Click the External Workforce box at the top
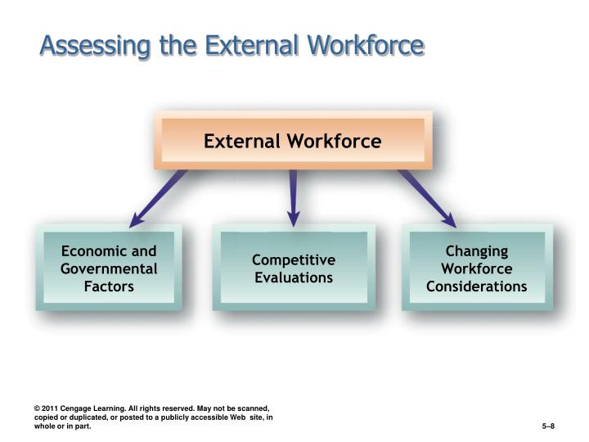click(293, 141)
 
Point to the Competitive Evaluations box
click(293, 268)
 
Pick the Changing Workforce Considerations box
click(477, 268)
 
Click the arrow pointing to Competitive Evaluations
click(293, 196)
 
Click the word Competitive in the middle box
click(293, 260)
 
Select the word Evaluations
click(293, 277)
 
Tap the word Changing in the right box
click(477, 251)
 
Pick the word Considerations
click(477, 286)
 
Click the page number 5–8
click(549, 426)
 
